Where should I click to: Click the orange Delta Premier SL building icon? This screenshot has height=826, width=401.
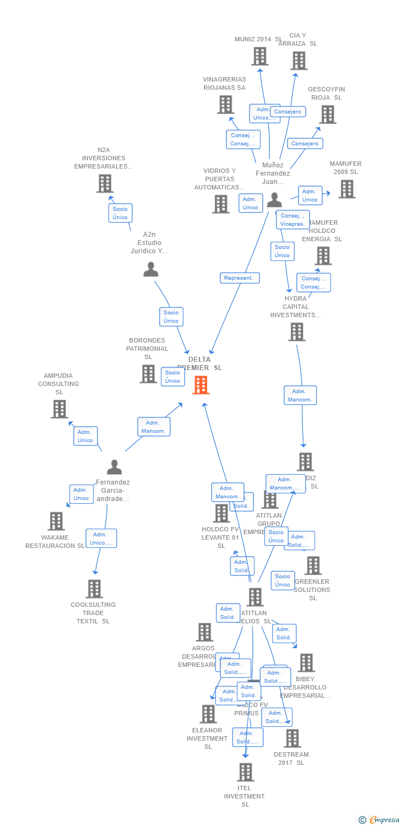tap(201, 385)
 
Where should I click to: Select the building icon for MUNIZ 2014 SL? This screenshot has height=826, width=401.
tap(260, 56)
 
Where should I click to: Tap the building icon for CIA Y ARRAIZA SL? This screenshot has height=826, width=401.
tap(299, 61)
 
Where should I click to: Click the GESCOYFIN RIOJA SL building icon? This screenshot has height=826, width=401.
tap(328, 115)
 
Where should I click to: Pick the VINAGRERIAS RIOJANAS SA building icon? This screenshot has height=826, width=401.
tap(225, 105)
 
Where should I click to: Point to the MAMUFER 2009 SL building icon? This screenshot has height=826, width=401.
tap(346, 189)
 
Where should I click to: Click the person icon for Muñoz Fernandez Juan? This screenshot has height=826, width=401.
tap(274, 200)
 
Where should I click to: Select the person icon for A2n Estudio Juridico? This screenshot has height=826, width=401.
tap(151, 269)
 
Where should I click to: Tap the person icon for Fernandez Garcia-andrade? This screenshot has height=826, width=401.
tap(114, 467)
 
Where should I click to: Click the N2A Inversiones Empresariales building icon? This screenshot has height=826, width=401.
tap(105, 183)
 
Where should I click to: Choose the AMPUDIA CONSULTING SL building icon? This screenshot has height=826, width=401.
tap(59, 409)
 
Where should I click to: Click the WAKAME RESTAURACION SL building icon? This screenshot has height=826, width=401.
tap(56, 521)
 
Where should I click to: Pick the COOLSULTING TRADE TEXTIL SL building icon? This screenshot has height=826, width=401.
tap(94, 589)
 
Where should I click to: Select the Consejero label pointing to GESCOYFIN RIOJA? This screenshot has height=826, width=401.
tap(305, 144)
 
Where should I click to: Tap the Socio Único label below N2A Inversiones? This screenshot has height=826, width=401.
tap(120, 213)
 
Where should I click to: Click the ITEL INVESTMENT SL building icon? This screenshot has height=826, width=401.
tap(246, 772)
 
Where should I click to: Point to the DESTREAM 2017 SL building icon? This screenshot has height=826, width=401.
tap(292, 738)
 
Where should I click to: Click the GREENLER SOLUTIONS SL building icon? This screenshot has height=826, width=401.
tap(313, 566)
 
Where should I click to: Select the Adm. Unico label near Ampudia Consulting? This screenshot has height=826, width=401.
tap(85, 436)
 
